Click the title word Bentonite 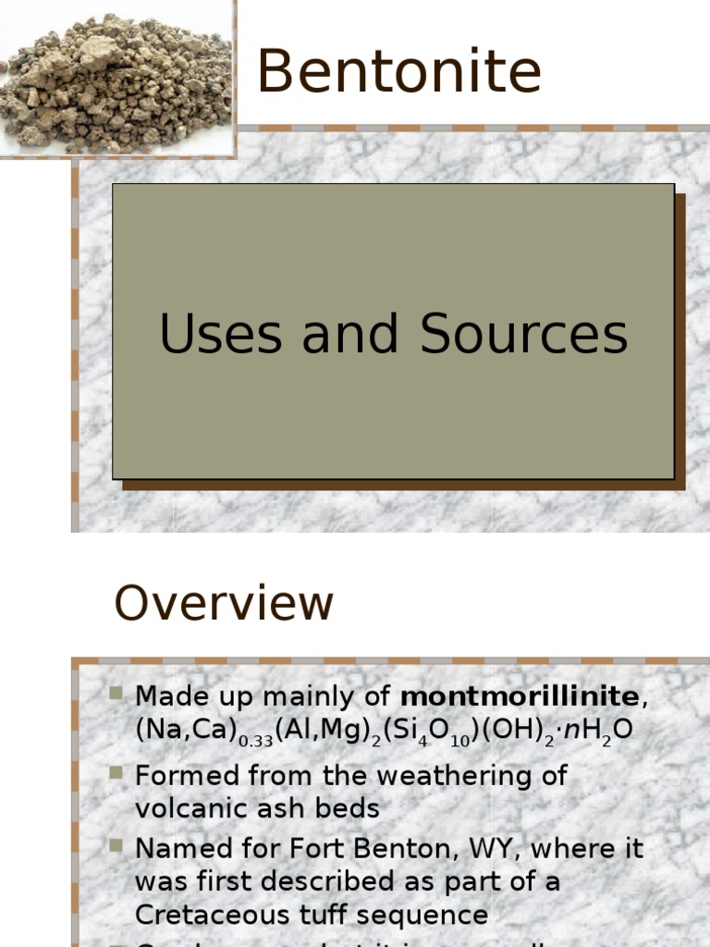click(x=398, y=71)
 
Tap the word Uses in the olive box click(x=221, y=334)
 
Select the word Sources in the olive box click(x=524, y=334)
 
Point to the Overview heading click(x=223, y=604)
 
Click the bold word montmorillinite click(x=520, y=695)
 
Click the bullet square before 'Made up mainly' click(x=116, y=693)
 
